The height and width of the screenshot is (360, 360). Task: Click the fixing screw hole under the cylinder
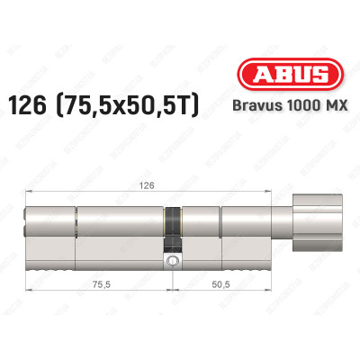[171, 262]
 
